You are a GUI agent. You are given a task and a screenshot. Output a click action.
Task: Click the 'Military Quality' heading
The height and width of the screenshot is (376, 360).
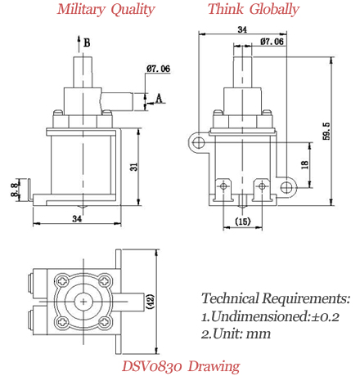106,10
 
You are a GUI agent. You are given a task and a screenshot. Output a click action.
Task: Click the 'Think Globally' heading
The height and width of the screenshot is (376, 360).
253,10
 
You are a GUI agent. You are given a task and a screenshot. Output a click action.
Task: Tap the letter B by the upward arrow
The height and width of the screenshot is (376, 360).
88,42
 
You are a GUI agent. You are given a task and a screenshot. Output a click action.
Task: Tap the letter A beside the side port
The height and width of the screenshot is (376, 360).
158,98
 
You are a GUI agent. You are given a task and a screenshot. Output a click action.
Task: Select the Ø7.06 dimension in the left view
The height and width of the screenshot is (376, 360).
157,69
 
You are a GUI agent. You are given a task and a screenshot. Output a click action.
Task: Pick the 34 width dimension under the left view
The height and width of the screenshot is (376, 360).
76,219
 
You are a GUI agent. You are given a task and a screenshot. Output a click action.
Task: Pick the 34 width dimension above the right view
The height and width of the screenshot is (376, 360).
241,29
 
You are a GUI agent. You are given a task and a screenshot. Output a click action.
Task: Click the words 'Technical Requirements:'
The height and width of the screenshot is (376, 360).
275,298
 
